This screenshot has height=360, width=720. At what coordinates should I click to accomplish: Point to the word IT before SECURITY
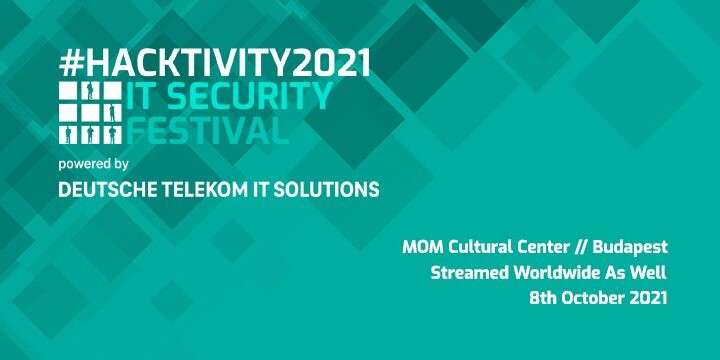coord(140,97)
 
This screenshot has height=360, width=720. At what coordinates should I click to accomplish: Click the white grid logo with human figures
coord(90,114)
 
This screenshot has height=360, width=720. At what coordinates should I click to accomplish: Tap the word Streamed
coord(466,272)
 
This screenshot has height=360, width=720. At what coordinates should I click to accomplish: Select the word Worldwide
coord(550,272)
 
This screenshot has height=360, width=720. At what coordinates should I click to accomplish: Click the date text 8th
coord(540,298)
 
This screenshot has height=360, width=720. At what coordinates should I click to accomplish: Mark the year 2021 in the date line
coord(648,298)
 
